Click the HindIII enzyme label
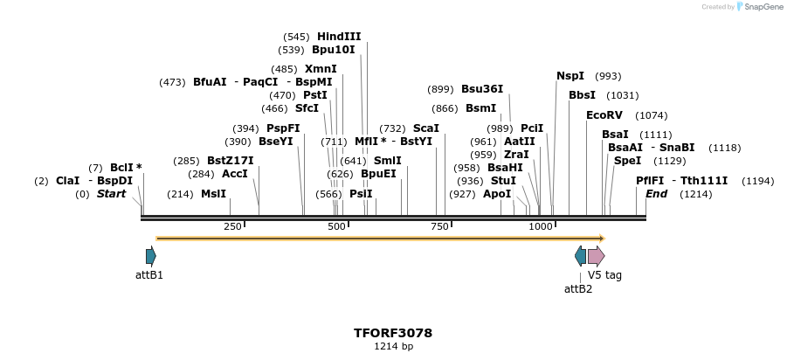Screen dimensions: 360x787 coord(339,37)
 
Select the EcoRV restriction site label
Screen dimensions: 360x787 coord(604,115)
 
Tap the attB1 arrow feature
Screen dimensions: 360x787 coord(151,256)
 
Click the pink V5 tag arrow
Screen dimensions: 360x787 coord(596,256)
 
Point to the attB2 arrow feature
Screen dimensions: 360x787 coord(580,256)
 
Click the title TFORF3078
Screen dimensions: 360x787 coord(393,333)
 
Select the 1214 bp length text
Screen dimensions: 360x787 coord(393,347)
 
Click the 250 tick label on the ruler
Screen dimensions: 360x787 coord(232,227)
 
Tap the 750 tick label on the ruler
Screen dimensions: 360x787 coord(439,227)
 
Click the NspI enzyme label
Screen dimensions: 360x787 coord(570,76)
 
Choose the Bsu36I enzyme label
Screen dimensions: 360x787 coord(482,89)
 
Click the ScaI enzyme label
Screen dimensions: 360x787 coord(426,128)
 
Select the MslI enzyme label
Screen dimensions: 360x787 coord(213,194)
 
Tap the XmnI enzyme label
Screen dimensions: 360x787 coord(321,69)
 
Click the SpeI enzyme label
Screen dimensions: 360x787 coord(627,161)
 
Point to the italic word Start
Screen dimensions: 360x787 coord(111,194)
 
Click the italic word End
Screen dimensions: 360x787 coord(656,194)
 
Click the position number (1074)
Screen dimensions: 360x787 coord(652,115)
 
